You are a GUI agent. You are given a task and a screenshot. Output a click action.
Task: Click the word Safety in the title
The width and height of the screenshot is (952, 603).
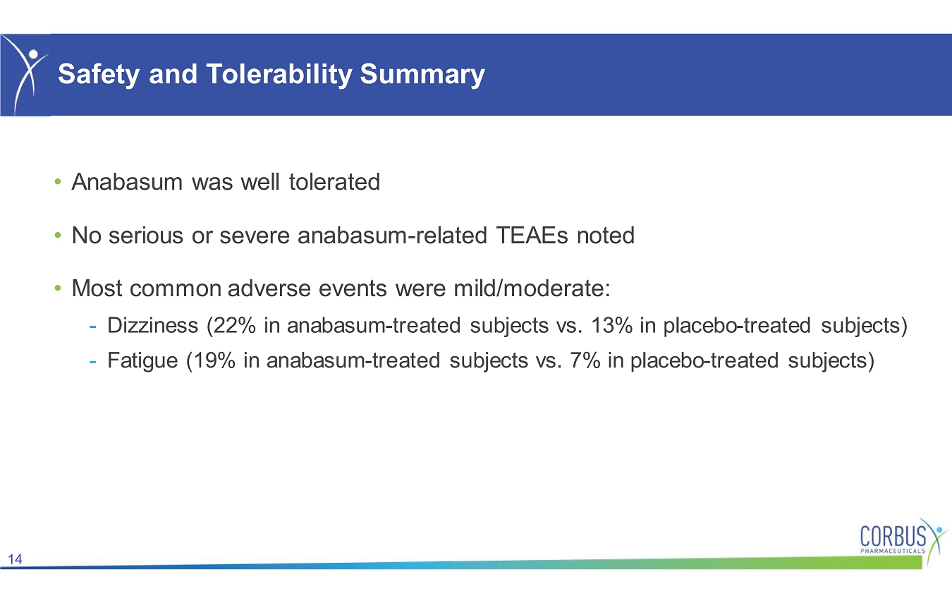pos(99,74)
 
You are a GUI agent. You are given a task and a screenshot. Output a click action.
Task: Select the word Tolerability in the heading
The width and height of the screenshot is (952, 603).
pos(279,74)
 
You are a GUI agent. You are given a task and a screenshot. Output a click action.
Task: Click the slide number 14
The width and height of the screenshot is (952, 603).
pos(15,559)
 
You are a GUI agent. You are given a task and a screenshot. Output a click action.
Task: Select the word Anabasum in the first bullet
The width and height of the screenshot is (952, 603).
pos(127,182)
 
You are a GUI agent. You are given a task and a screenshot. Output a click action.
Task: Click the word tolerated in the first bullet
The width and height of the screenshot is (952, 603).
pos(334,182)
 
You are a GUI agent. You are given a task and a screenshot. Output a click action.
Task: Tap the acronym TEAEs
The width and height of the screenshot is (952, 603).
pos(532,236)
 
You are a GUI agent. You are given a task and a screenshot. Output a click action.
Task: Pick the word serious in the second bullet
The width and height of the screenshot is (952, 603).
pos(146,236)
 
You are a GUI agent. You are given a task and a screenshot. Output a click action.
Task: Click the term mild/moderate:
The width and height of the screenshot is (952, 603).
pos(532,288)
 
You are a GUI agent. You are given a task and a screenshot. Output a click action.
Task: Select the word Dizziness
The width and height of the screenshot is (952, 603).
pos(152,326)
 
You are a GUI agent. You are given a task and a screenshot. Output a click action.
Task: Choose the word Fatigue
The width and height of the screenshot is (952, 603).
pos(142,361)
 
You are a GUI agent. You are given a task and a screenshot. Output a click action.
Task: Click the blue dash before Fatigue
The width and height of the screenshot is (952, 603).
pos(92,362)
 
